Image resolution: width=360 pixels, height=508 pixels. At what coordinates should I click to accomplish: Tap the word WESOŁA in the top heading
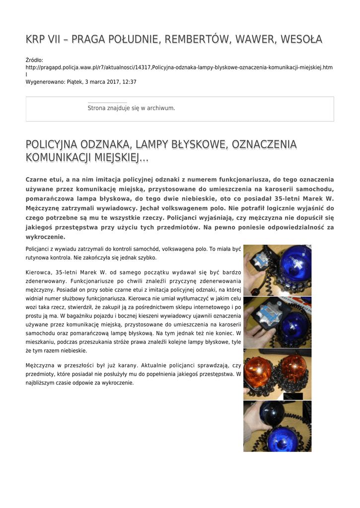(x=303, y=39)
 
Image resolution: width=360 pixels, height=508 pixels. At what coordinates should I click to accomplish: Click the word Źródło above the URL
(x=34, y=60)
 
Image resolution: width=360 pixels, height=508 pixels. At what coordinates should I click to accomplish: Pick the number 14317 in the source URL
(x=144, y=67)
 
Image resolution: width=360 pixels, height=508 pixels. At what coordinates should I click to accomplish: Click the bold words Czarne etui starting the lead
(x=45, y=180)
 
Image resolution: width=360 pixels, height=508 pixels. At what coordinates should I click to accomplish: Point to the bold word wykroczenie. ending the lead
(x=46, y=237)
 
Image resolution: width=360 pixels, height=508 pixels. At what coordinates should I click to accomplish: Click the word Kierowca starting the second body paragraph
(x=38, y=272)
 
